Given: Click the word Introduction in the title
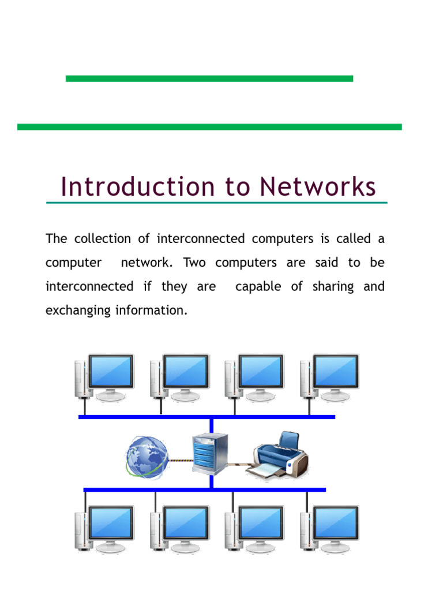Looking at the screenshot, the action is (138, 186).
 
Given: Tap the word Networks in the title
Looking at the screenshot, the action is (318, 186).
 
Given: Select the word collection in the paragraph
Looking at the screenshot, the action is (103, 238).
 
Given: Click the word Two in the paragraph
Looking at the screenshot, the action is (194, 263).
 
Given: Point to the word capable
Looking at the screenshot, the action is (258, 287).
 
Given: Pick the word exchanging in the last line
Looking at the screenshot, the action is (78, 311).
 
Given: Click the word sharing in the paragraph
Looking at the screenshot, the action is (333, 287).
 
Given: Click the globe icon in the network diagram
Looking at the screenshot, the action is (147, 458).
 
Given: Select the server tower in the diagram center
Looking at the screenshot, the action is (210, 454).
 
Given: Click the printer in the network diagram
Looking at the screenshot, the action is (278, 456).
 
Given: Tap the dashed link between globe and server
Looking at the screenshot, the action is (181, 460).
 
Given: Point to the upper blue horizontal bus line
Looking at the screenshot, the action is (207, 417).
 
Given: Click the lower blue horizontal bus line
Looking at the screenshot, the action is (205, 489).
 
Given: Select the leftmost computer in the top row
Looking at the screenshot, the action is (104, 377).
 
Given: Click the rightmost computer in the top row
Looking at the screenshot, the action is (329, 377).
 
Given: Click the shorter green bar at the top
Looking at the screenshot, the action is (209, 78).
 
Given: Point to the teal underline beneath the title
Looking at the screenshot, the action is (217, 203).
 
